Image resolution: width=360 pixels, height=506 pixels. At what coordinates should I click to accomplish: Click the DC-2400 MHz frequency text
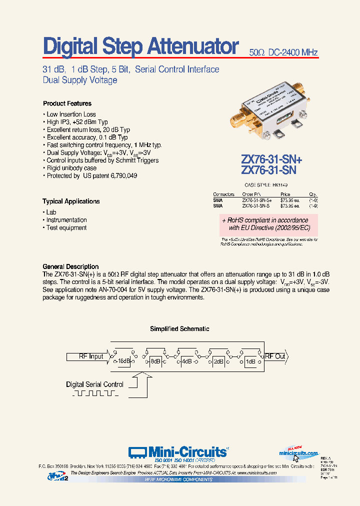click(x=293, y=52)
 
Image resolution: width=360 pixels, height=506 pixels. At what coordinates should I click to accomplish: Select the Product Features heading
click(x=67, y=103)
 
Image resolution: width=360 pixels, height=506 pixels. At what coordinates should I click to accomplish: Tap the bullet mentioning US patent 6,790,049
click(x=91, y=176)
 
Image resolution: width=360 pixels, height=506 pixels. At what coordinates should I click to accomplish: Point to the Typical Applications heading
click(x=71, y=201)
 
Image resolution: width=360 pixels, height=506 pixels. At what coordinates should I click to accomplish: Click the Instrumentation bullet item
click(x=66, y=220)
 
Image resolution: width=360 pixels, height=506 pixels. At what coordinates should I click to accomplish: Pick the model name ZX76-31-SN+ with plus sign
click(x=271, y=159)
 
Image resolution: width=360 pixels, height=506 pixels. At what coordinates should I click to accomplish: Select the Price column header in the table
click(x=285, y=194)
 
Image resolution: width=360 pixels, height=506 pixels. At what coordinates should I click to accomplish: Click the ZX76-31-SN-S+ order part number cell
click(x=257, y=199)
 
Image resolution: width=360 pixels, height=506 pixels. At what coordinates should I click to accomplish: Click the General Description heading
click(x=70, y=266)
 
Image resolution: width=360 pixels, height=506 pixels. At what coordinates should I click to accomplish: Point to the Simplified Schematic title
click(x=179, y=329)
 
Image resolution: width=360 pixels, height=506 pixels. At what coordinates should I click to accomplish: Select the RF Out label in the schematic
click(x=275, y=356)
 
